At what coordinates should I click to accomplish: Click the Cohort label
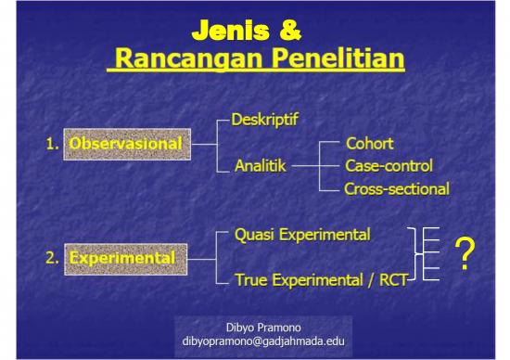click(x=369, y=144)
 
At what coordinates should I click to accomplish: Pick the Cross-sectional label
click(x=396, y=189)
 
